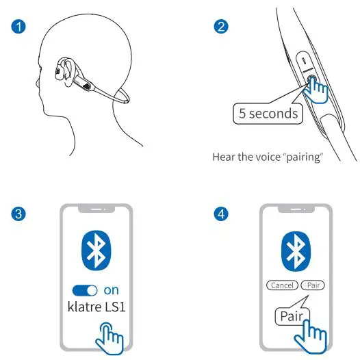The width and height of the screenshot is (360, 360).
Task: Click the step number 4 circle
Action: [x=221, y=214]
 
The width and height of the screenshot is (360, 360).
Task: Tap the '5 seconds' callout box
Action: [x=267, y=113]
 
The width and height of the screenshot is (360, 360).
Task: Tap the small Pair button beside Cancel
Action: [x=314, y=285]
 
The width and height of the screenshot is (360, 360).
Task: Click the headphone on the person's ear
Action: [x=65, y=70]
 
